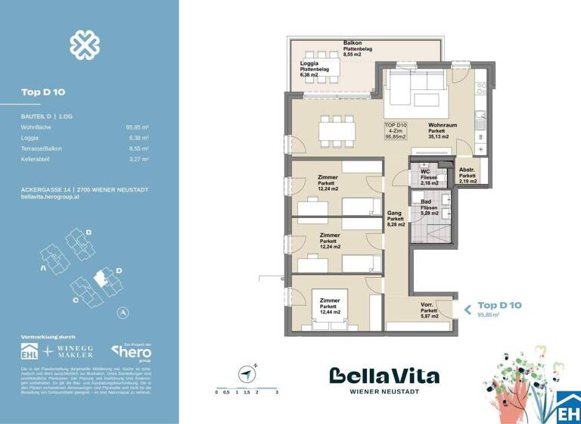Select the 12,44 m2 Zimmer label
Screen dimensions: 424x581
(328, 306)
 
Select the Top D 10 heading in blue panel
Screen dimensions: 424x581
(42, 92)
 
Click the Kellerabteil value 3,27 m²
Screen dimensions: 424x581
(138, 160)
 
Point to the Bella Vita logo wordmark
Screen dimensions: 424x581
(384, 376)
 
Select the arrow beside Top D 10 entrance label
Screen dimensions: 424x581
(467, 309)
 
